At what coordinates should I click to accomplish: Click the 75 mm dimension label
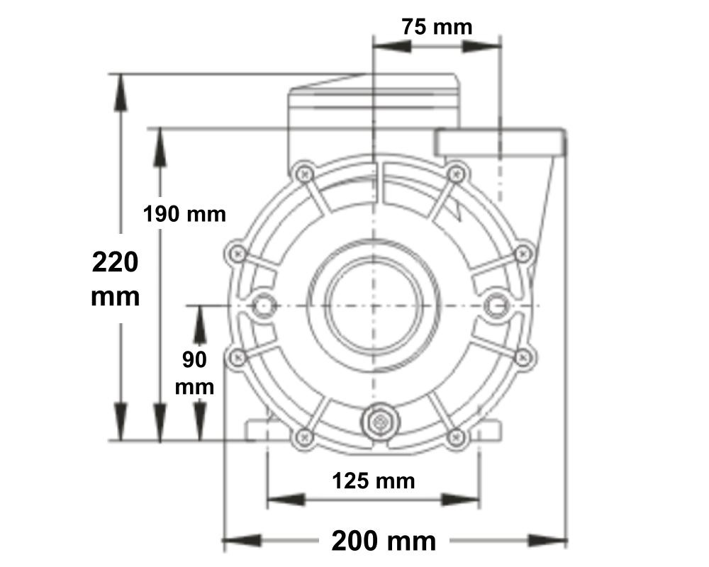[436, 27]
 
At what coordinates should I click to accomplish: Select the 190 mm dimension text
[184, 213]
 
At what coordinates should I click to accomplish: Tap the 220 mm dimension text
[116, 279]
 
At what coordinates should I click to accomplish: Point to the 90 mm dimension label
[194, 373]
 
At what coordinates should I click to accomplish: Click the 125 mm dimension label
[373, 481]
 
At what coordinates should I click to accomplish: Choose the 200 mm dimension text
[384, 541]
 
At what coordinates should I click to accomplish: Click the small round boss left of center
[264, 305]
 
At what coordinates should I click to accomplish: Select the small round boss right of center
[496, 305]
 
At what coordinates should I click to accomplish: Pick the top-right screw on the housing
[457, 172]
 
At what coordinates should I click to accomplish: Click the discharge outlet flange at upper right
[501, 142]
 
